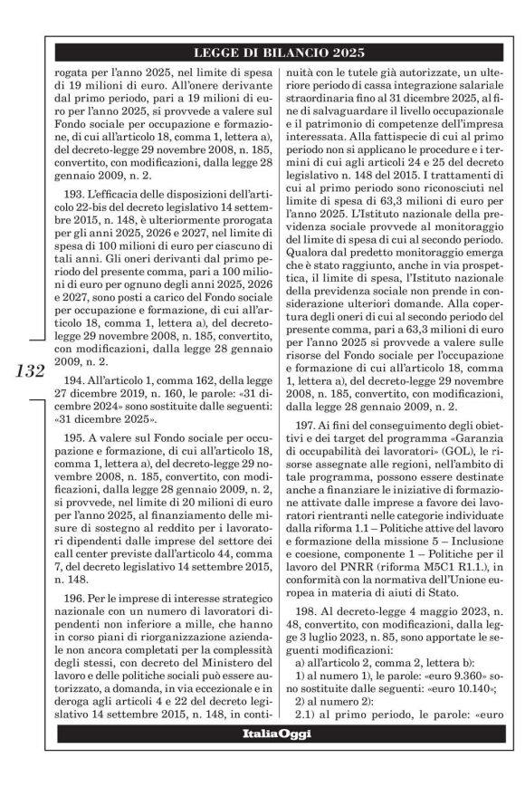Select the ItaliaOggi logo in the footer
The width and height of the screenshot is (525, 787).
point(282,759)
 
